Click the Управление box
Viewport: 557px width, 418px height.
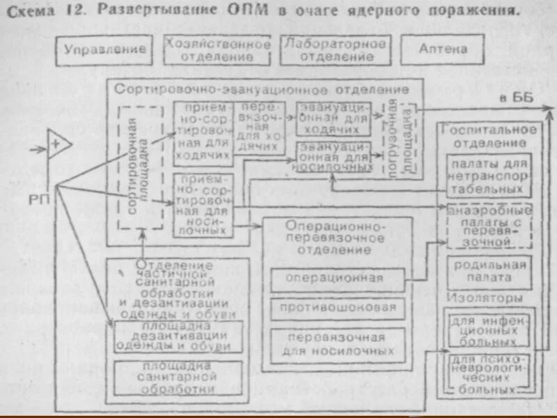tap(105, 49)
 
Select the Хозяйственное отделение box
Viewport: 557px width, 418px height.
tap(218, 49)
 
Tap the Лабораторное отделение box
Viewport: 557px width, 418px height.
tap(335, 49)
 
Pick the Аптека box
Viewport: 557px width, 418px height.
tap(443, 49)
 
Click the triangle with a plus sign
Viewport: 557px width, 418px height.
tap(58, 146)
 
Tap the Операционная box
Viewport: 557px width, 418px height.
tap(337, 279)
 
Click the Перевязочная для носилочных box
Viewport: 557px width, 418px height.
tap(337, 343)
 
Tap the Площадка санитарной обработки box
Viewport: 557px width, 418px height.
tap(178, 377)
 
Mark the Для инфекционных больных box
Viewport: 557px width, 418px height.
tap(487, 330)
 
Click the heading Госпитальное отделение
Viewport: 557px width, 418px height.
tap(487, 136)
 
